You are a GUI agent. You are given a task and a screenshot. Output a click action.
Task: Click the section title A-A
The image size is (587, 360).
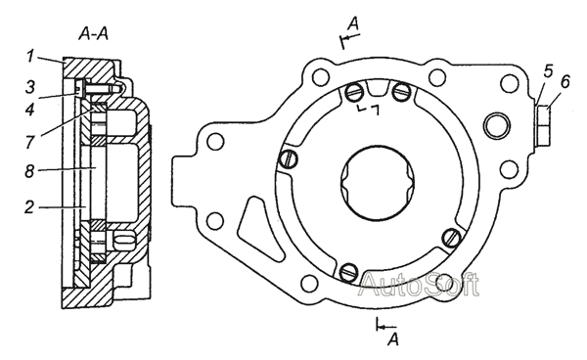click(x=93, y=34)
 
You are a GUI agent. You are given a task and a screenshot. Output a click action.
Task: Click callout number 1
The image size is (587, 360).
click(x=30, y=57)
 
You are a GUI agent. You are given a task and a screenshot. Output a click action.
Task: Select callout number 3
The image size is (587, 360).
click(x=30, y=86)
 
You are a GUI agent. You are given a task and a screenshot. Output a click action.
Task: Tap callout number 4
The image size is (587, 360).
click(x=29, y=110)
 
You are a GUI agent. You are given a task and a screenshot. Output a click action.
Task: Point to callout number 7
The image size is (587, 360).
click(x=30, y=142)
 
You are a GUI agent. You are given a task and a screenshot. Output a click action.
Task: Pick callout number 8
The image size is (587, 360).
click(x=29, y=171)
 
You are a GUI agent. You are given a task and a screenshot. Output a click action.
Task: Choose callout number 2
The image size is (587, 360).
click(x=29, y=207)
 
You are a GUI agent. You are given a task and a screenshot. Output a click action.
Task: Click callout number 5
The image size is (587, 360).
click(x=548, y=70)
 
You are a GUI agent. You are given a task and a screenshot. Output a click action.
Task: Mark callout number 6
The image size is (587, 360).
click(x=564, y=81)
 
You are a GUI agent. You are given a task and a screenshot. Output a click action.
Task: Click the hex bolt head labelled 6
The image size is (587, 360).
click(x=543, y=126)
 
